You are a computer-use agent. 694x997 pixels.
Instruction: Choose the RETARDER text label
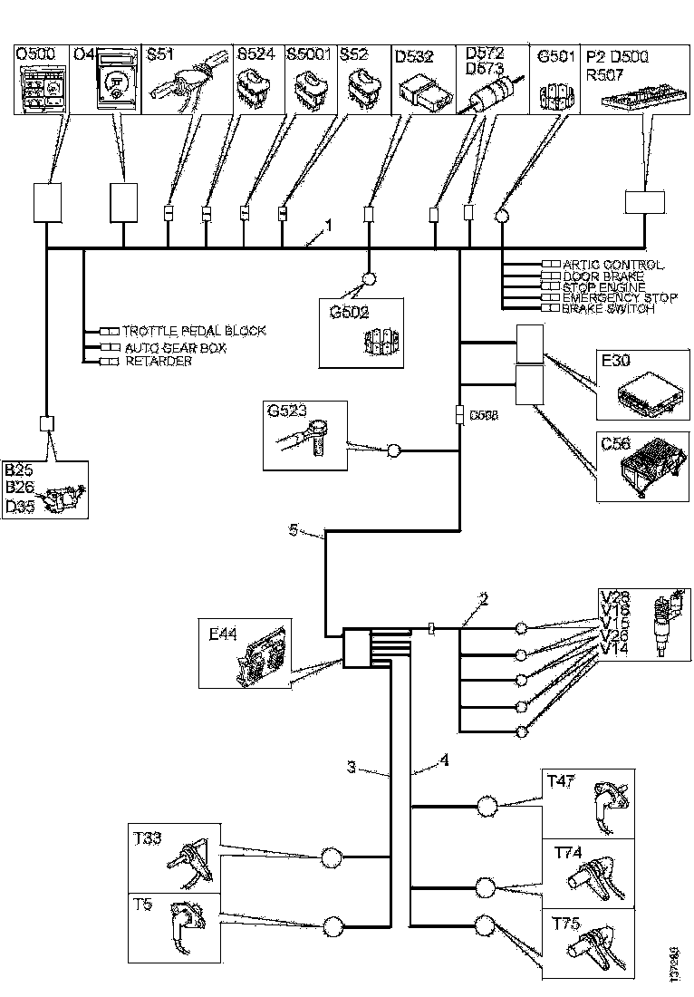click(x=158, y=362)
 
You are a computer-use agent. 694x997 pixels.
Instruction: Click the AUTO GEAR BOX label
click(x=174, y=347)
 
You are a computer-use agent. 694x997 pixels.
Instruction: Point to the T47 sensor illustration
click(x=607, y=801)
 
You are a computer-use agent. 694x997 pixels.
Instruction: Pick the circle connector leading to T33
click(x=332, y=855)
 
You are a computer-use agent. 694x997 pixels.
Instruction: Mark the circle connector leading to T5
click(x=333, y=926)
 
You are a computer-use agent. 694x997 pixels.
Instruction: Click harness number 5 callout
click(x=293, y=531)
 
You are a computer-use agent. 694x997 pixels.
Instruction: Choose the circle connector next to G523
click(x=394, y=450)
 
